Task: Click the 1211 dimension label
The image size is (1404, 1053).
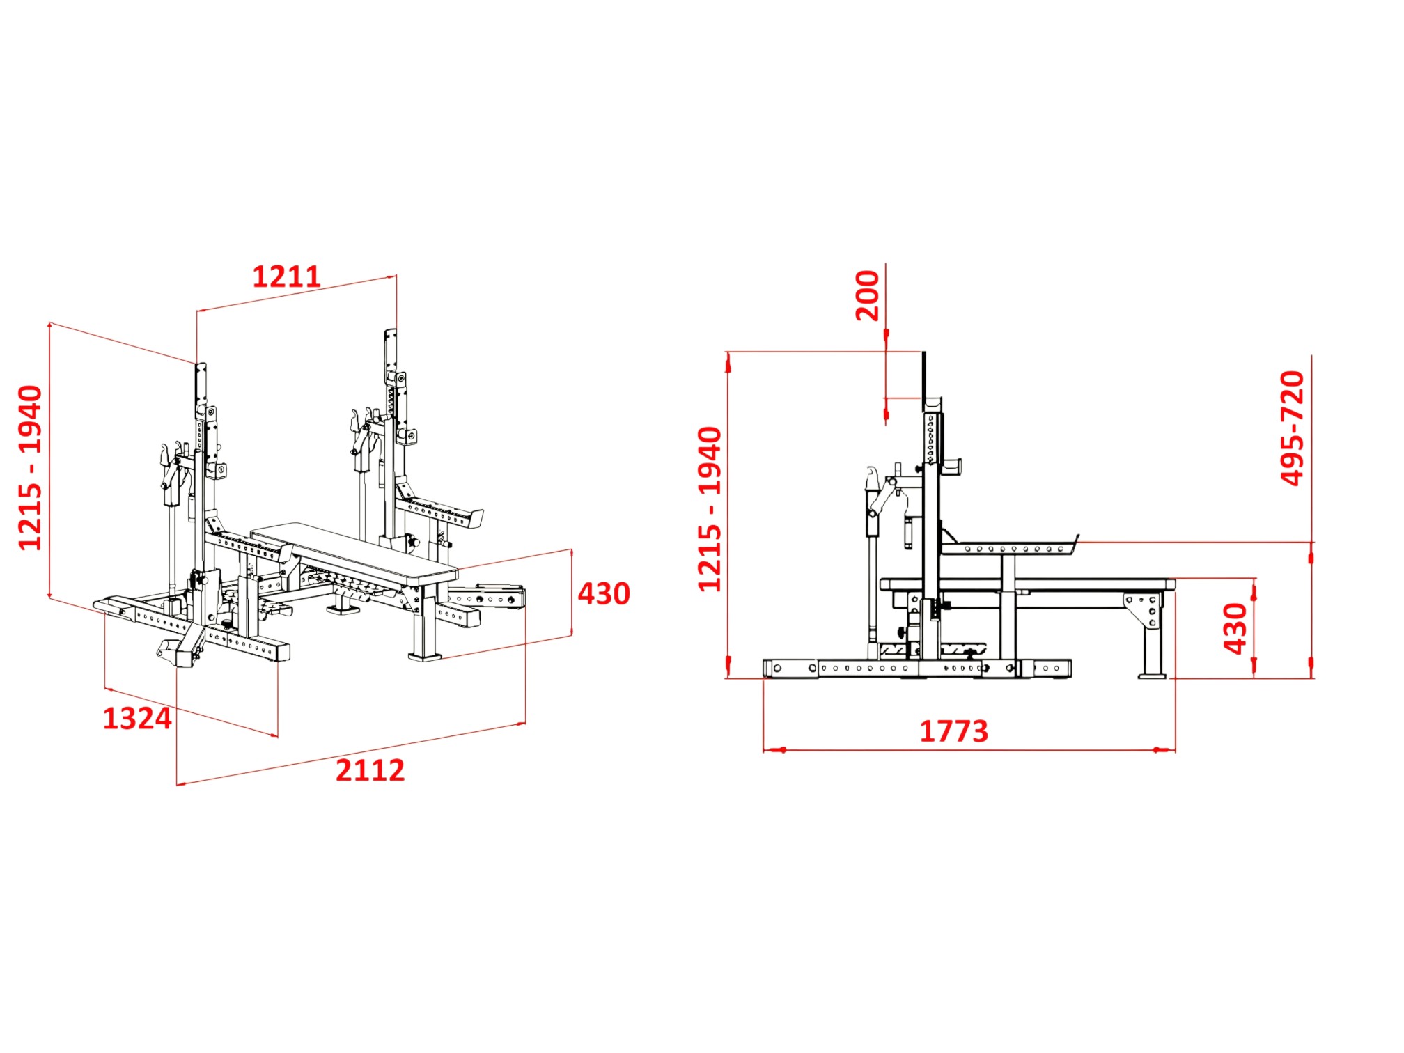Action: pyautogui.click(x=286, y=277)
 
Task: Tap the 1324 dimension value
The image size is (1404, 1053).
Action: pyautogui.click(x=137, y=719)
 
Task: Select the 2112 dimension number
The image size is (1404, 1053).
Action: pyautogui.click(x=370, y=771)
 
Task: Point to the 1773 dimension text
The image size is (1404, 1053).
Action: pyautogui.click(x=954, y=732)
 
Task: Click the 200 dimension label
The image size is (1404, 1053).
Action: pyautogui.click(x=868, y=295)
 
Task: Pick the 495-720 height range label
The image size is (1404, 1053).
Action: pyautogui.click(x=1293, y=428)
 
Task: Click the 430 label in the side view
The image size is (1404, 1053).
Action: pyautogui.click(x=1235, y=629)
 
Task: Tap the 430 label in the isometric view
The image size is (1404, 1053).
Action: pyautogui.click(x=604, y=594)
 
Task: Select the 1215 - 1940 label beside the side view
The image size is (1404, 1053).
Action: pyautogui.click(x=710, y=509)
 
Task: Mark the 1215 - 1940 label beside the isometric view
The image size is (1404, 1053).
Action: pyautogui.click(x=30, y=468)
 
